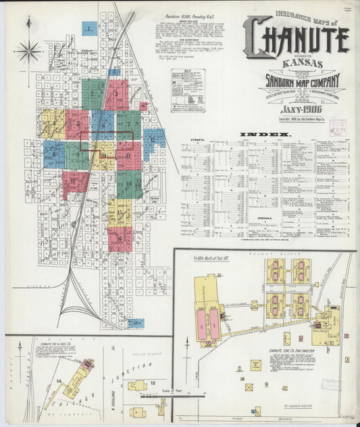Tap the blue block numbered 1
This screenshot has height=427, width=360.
[x=89, y=28]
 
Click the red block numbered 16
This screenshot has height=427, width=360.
[x=120, y=237]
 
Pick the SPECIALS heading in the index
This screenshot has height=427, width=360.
[x=265, y=218]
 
